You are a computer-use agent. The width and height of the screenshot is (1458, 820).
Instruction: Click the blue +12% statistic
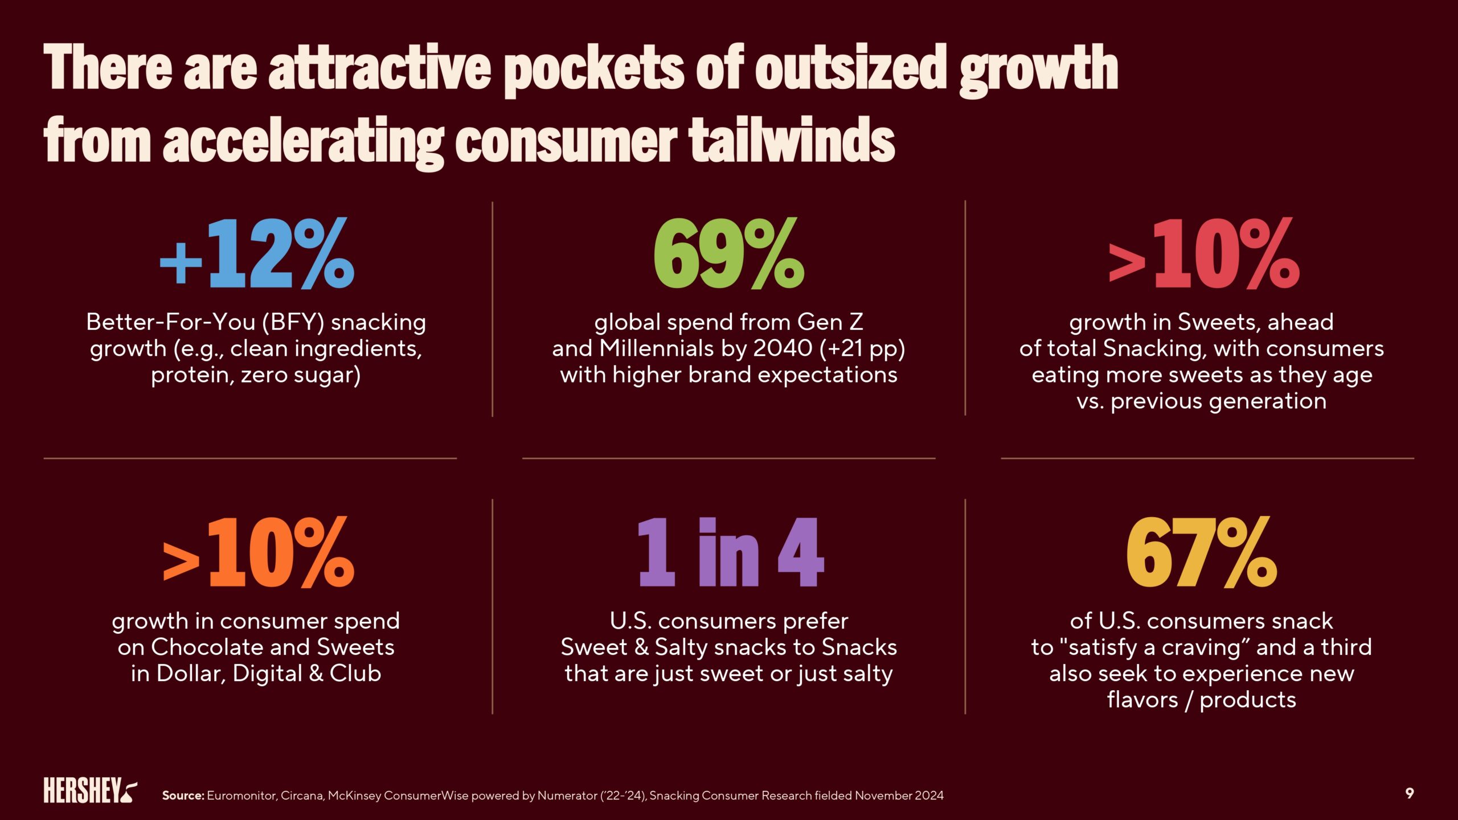(x=257, y=254)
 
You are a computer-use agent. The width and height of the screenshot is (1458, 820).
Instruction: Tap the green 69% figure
(x=728, y=254)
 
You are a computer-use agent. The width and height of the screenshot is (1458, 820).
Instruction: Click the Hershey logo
(x=90, y=790)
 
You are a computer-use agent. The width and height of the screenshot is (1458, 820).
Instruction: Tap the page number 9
(x=1410, y=793)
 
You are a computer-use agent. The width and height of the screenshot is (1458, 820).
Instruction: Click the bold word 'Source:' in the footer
(x=183, y=796)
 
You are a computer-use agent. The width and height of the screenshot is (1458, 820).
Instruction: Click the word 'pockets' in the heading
(x=593, y=69)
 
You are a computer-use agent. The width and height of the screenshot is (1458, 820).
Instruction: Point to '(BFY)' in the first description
(x=293, y=323)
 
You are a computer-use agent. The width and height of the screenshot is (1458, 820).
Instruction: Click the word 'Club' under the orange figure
(x=355, y=674)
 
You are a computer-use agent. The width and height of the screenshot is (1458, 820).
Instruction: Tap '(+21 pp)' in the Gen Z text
(x=862, y=348)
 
